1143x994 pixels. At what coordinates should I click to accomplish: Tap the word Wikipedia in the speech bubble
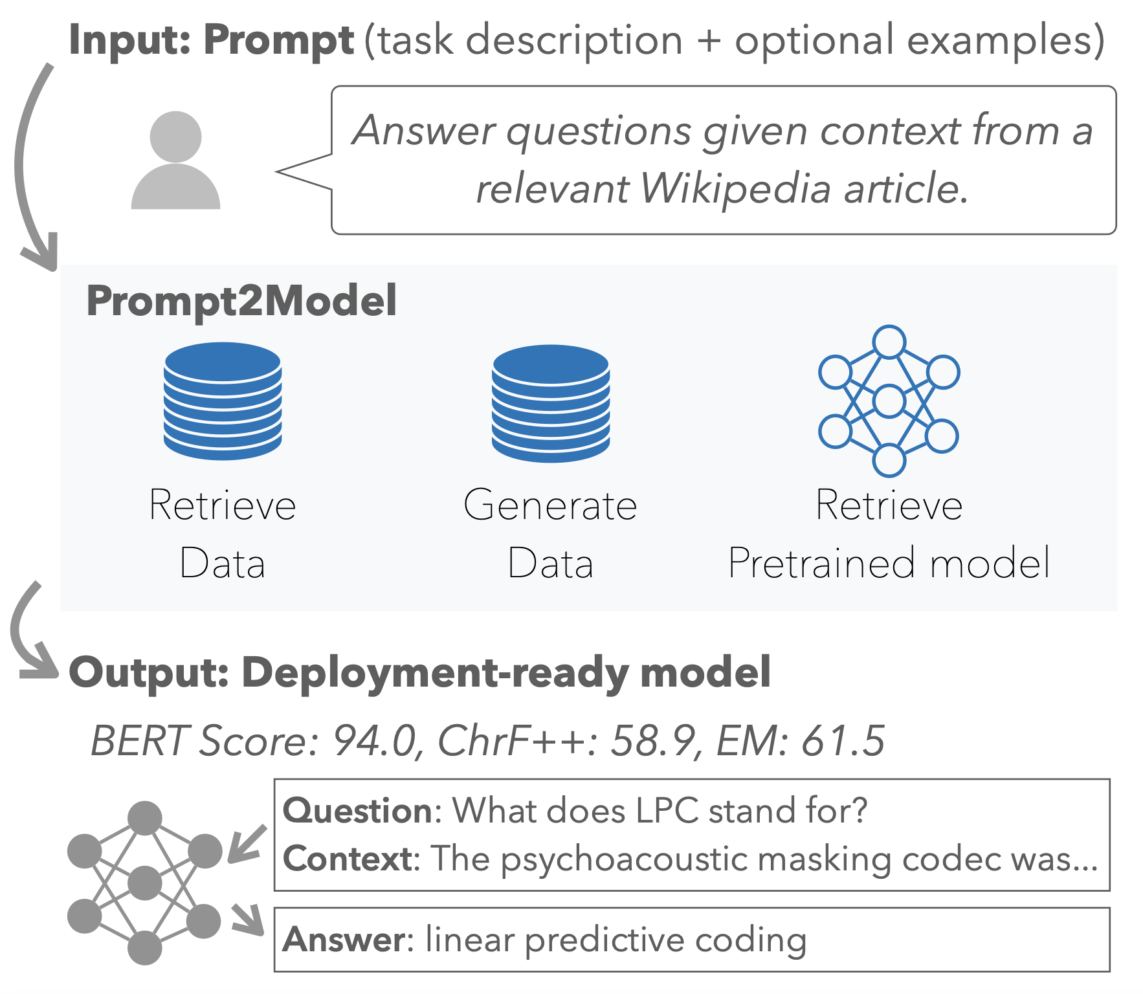(x=735, y=189)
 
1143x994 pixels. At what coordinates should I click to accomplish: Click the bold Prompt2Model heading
(x=241, y=301)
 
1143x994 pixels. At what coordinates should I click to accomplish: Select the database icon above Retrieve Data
(x=223, y=401)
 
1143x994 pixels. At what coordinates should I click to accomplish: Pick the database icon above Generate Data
(x=551, y=403)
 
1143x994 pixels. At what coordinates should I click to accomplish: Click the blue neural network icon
(x=889, y=401)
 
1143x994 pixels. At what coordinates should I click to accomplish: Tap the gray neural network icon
(x=144, y=883)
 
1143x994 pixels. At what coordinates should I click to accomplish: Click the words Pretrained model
(x=889, y=563)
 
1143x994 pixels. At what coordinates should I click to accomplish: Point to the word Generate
(x=551, y=505)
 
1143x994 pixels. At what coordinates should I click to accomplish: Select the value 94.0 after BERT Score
(x=373, y=741)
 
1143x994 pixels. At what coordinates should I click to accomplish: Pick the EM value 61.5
(x=843, y=741)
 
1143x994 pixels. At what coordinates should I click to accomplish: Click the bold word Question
(x=357, y=811)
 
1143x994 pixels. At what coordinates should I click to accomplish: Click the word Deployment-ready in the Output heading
(x=434, y=673)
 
